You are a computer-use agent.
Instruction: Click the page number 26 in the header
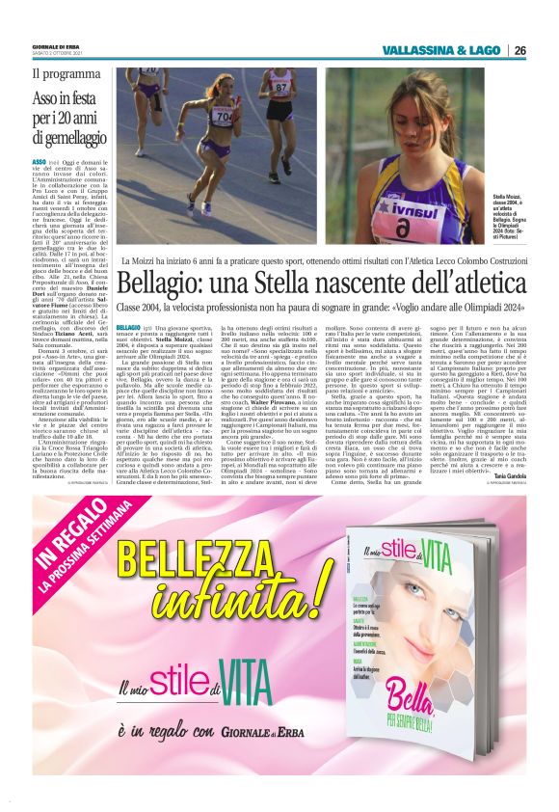pos(519,50)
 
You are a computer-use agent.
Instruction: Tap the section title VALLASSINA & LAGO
pos(439,50)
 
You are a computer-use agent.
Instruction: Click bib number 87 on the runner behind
pos(281,86)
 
